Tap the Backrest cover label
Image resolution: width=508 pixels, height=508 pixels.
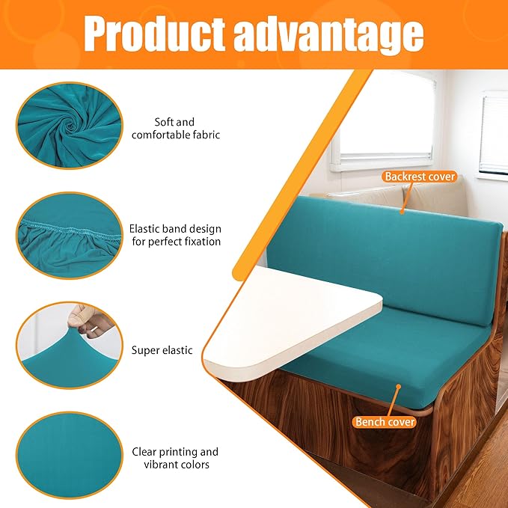419,177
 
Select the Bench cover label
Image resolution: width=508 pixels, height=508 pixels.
385,422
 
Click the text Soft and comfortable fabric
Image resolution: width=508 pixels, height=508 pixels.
175,129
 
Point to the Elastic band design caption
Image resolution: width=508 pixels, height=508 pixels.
175,235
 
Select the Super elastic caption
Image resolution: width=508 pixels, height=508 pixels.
162,350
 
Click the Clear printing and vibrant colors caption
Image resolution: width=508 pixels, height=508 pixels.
175,458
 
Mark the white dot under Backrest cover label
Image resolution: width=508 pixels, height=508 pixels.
401,212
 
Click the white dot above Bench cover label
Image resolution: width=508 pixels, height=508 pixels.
399,387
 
